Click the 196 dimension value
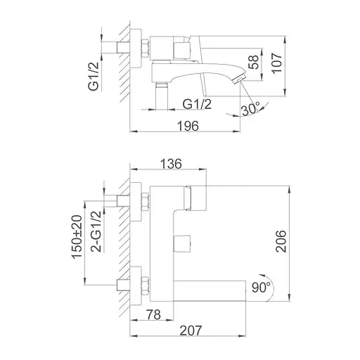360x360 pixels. tap(188, 126)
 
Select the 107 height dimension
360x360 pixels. tap(277, 63)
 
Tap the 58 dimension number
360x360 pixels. tap(254, 62)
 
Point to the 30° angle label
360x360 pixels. tap(250, 109)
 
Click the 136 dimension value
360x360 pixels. tap(171, 164)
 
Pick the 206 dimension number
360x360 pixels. tap(281, 241)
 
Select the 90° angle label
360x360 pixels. tap(261, 287)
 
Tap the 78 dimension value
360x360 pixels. tap(154, 314)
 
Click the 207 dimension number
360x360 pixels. tap(191, 330)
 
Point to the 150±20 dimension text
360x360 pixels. tap(77, 237)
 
